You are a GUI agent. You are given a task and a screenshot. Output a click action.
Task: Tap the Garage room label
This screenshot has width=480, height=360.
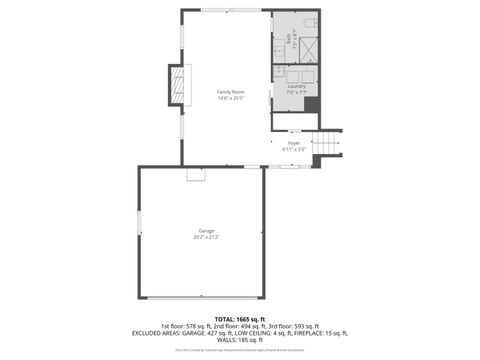(x=206, y=231)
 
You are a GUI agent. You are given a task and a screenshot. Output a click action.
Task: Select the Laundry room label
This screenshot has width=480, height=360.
(x=296, y=86)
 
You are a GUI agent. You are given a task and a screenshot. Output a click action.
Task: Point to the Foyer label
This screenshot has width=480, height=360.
(x=294, y=143)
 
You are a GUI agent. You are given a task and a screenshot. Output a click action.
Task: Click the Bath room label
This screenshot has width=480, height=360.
(x=291, y=38)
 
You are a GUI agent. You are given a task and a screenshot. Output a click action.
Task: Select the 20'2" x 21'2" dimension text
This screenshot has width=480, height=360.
(x=206, y=237)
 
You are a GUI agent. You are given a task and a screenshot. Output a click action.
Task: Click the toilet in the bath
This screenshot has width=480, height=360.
(x=309, y=23)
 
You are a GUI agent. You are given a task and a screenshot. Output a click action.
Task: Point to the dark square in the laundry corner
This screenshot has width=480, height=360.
(x=312, y=104)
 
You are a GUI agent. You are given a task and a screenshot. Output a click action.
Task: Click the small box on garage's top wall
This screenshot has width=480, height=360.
(x=196, y=174)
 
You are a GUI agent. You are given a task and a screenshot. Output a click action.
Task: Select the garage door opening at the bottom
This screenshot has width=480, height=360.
(x=206, y=297)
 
